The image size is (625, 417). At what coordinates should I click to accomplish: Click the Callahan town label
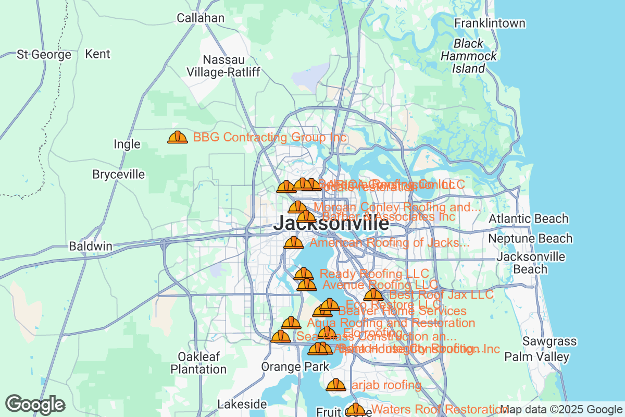point(201,18)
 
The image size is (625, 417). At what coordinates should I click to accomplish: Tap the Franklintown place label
point(490,23)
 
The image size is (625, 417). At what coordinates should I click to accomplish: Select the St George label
point(44,55)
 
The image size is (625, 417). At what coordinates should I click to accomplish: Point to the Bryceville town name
point(118,174)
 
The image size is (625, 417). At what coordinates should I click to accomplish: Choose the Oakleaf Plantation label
point(199,363)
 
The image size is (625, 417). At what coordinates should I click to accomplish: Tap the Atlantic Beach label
point(528,219)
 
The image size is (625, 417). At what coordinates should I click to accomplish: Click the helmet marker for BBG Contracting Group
point(177,137)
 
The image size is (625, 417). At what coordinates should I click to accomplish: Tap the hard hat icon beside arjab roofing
point(335,385)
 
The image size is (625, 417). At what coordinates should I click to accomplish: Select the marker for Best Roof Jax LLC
point(373,295)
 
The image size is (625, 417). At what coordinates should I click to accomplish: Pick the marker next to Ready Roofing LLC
point(303,274)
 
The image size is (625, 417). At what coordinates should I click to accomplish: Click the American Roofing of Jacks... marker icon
point(293,242)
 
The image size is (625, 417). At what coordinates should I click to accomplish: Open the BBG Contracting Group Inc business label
point(269,138)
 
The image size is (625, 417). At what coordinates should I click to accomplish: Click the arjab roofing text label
point(385,385)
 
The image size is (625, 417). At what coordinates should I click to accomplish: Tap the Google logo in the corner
point(35,404)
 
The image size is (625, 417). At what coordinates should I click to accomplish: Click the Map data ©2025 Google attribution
point(561,410)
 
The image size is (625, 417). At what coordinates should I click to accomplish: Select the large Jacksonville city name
point(331,224)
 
